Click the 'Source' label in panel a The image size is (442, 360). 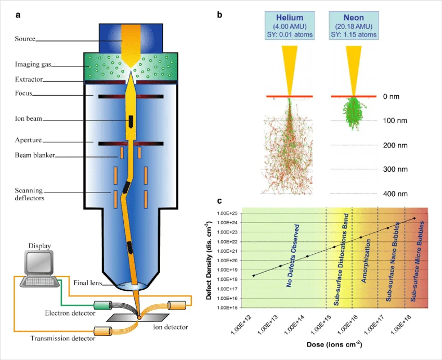[25, 38]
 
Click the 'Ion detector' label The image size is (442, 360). [171, 327]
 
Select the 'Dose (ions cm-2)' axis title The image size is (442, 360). [327, 345]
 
